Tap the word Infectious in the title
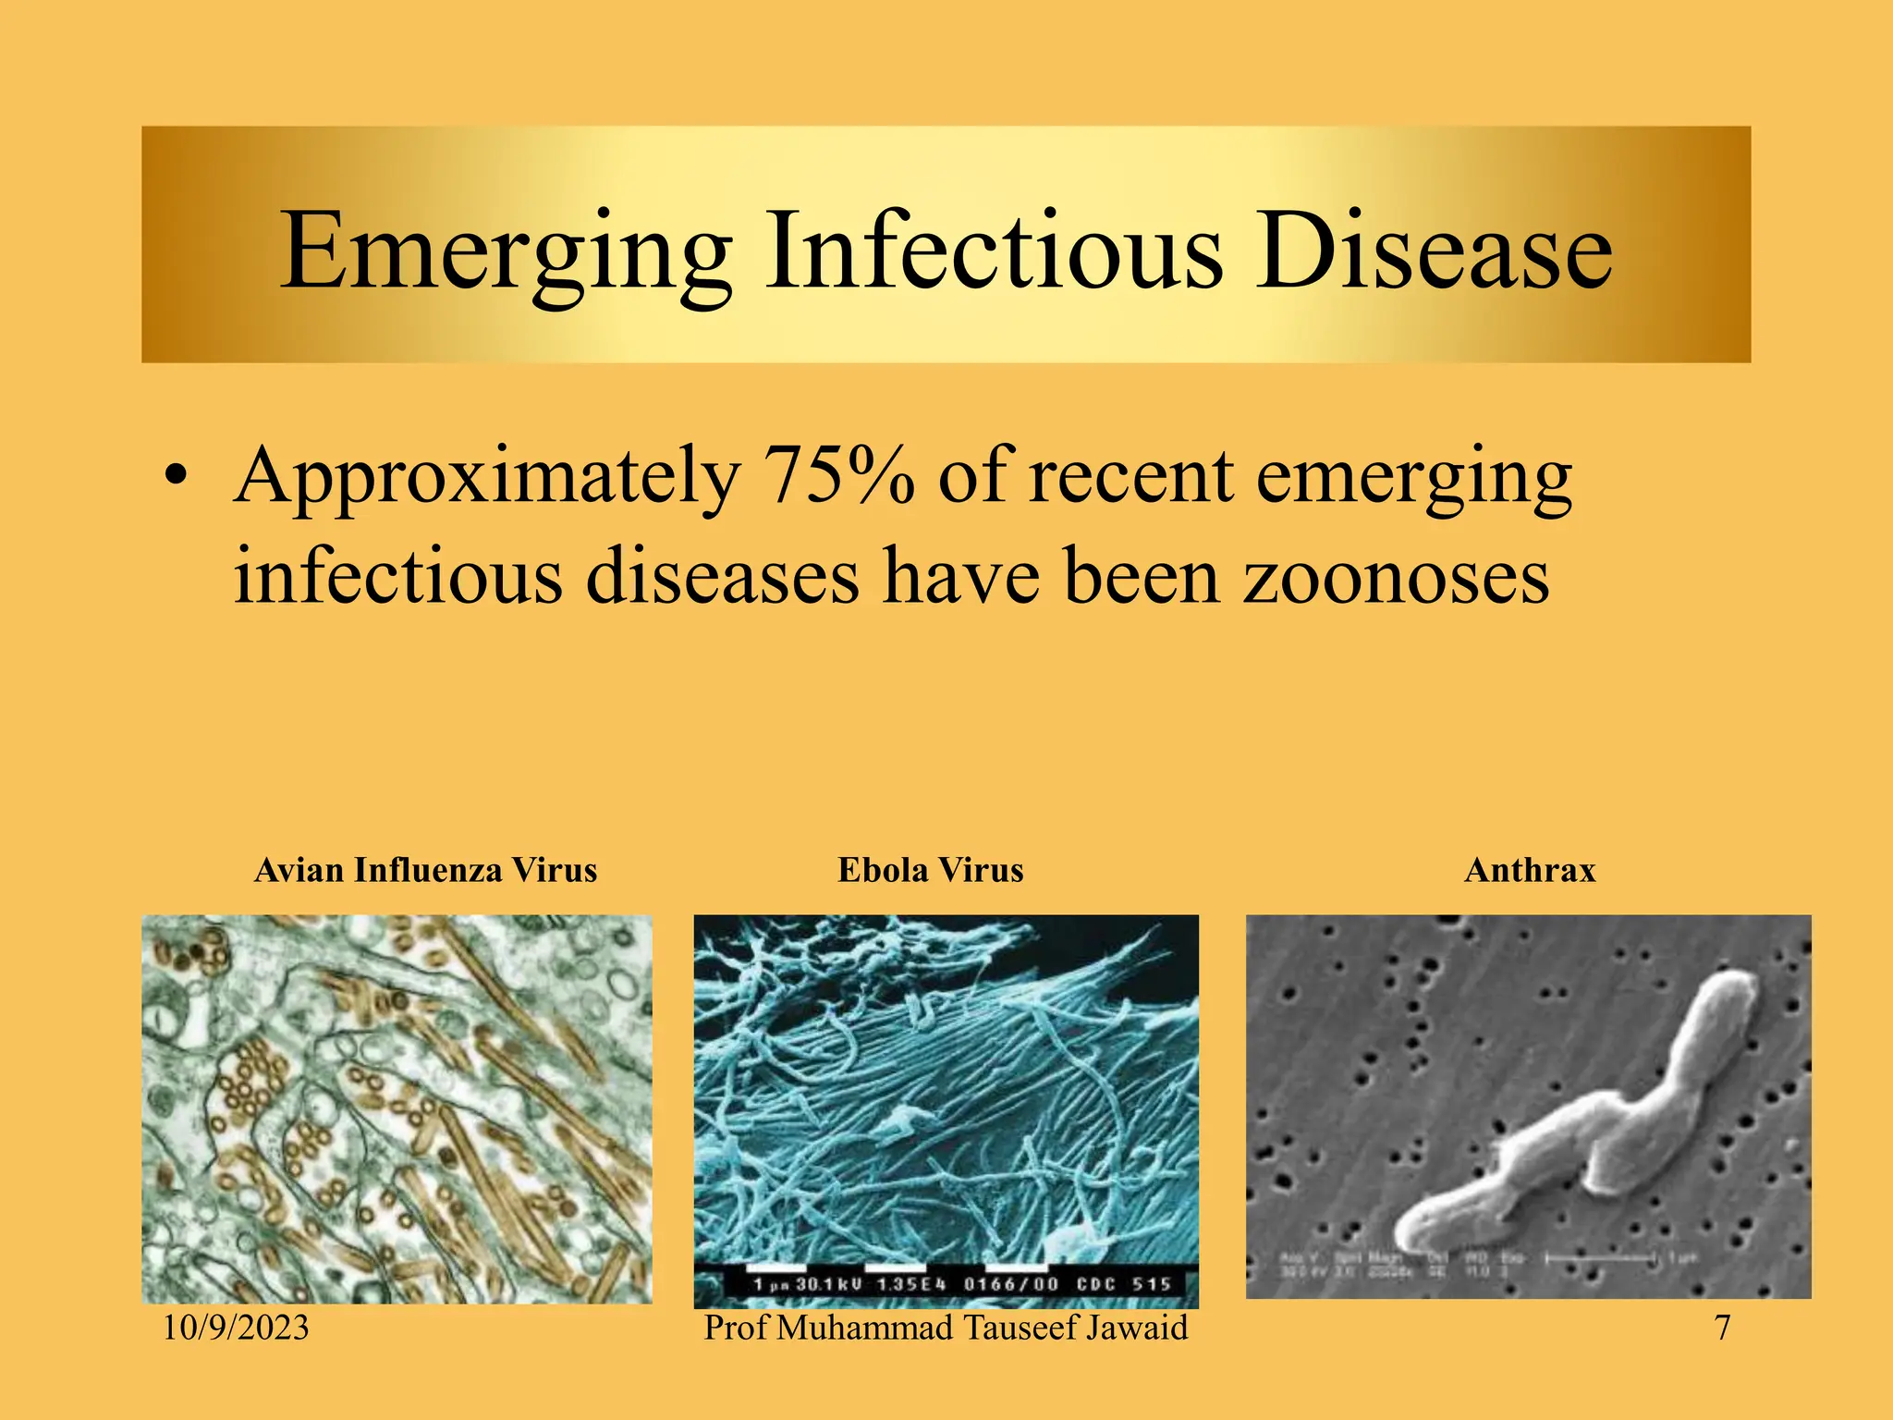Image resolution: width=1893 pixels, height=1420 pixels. [995, 252]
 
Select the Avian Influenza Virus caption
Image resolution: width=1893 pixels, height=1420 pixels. [425, 870]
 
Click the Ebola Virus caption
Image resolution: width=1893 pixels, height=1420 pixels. [930, 870]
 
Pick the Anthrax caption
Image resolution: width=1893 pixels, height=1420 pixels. [1530, 870]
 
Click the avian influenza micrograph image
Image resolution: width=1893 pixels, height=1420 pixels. [397, 1108]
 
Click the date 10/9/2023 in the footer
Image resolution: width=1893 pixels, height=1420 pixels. [236, 1328]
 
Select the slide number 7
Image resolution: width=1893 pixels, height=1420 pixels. [1722, 1328]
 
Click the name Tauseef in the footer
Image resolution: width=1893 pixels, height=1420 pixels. [1020, 1328]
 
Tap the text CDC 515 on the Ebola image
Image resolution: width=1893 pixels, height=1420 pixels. [1123, 1284]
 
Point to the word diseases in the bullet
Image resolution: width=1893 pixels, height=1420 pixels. [722, 576]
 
